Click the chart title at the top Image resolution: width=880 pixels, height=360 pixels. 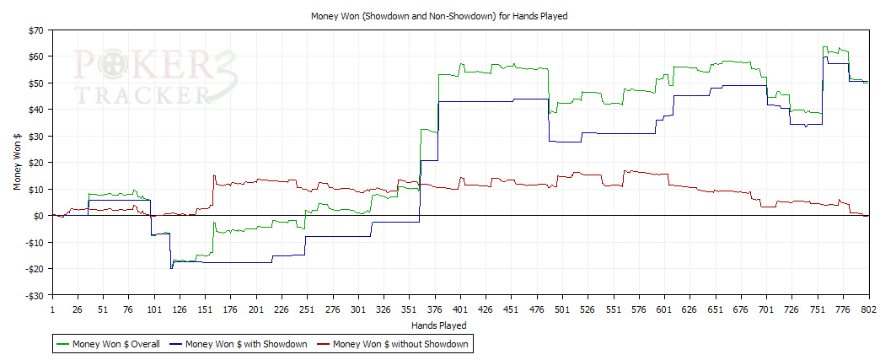439,15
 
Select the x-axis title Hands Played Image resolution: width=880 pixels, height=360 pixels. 438,325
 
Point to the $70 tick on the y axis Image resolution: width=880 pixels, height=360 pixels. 35,30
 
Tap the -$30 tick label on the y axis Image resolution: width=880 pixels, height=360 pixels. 34,296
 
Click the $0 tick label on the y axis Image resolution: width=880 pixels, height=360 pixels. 39,216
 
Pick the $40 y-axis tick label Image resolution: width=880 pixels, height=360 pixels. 35,110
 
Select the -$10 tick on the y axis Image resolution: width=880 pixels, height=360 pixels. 34,243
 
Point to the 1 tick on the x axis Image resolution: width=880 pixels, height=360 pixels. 52,309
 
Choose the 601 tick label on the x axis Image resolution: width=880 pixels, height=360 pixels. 664,309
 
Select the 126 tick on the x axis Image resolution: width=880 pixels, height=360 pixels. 180,309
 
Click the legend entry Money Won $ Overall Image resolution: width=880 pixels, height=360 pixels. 112,344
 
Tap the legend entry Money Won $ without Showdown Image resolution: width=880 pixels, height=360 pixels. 400,344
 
